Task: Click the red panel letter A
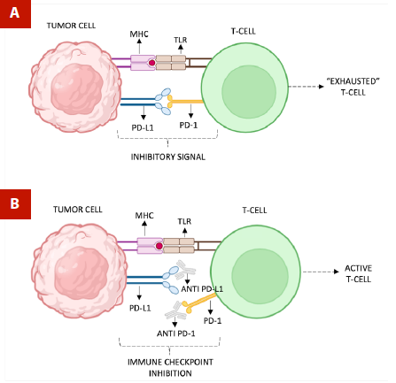coord(14,13)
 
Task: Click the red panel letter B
coord(14,203)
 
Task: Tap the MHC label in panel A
coord(139,34)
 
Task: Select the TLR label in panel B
coord(184,221)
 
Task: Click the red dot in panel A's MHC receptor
coord(152,63)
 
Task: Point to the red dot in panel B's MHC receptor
coord(159,246)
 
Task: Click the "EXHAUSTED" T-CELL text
coord(353,87)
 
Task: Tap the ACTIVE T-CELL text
coord(358,273)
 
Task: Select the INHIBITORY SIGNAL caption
coord(167,157)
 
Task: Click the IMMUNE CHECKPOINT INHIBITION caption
coord(170,367)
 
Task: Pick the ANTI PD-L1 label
coord(202,289)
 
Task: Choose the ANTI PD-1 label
coord(176,333)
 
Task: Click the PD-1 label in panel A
coord(189,125)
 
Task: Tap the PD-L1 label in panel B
coord(140,308)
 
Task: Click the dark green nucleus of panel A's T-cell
coord(249,92)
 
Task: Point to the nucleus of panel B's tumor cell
coord(82,273)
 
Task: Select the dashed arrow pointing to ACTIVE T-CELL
coord(321,272)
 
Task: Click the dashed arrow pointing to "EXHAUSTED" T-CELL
coord(307,87)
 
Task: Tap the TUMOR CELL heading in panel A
coord(71,26)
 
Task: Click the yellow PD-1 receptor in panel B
coord(199,303)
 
